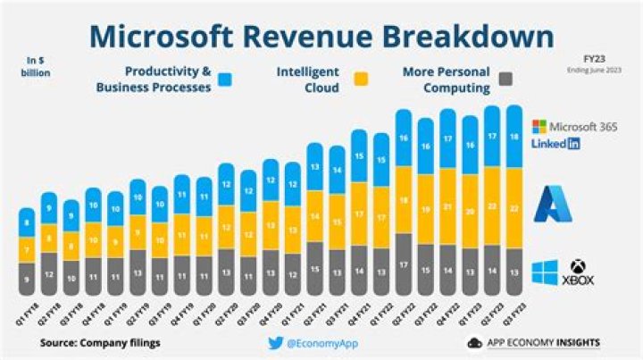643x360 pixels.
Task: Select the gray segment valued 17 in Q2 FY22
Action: point(404,264)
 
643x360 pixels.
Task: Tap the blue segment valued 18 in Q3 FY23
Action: point(514,137)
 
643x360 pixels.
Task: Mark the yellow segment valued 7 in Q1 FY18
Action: point(28,250)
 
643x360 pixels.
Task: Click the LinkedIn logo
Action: point(555,144)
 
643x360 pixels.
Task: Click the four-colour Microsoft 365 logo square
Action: point(539,126)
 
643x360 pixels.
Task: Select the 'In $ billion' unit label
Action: point(37,67)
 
